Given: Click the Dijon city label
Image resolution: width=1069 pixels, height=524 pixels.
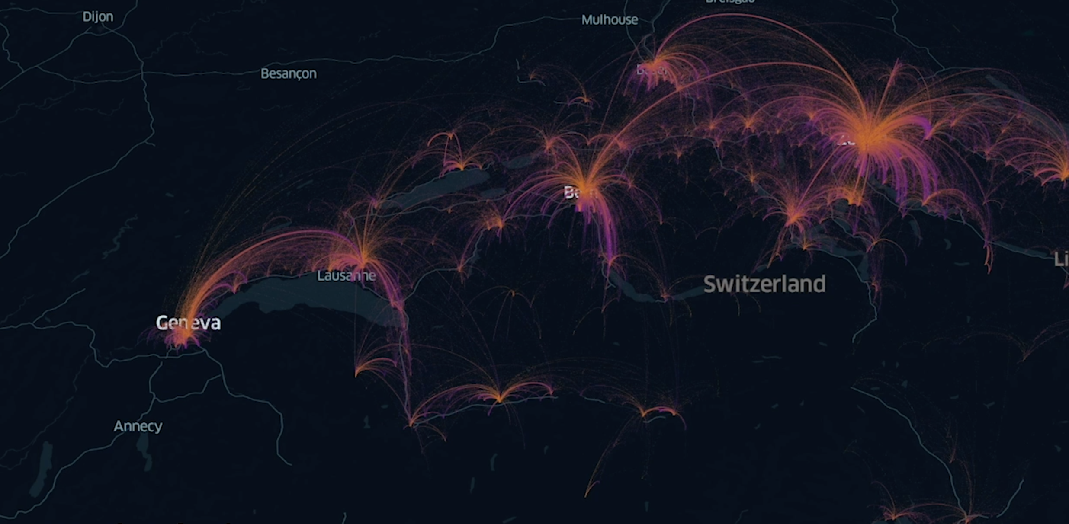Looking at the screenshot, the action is click(x=98, y=17).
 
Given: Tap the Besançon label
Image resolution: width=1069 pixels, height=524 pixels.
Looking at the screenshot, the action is click(x=289, y=74).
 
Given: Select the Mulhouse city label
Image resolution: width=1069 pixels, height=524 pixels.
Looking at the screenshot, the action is click(x=609, y=20).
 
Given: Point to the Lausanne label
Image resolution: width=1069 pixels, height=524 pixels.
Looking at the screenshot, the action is click(x=346, y=276).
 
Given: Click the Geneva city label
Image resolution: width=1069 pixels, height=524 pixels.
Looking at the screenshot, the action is click(x=188, y=323).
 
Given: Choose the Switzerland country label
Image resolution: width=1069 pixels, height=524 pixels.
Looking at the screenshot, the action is click(x=764, y=284).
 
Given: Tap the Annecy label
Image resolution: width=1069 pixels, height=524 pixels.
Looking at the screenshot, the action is click(x=138, y=426).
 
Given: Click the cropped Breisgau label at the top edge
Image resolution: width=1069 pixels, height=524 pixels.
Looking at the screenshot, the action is click(x=730, y=2).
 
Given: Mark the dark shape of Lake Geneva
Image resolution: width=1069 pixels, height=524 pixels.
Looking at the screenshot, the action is click(x=303, y=294).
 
